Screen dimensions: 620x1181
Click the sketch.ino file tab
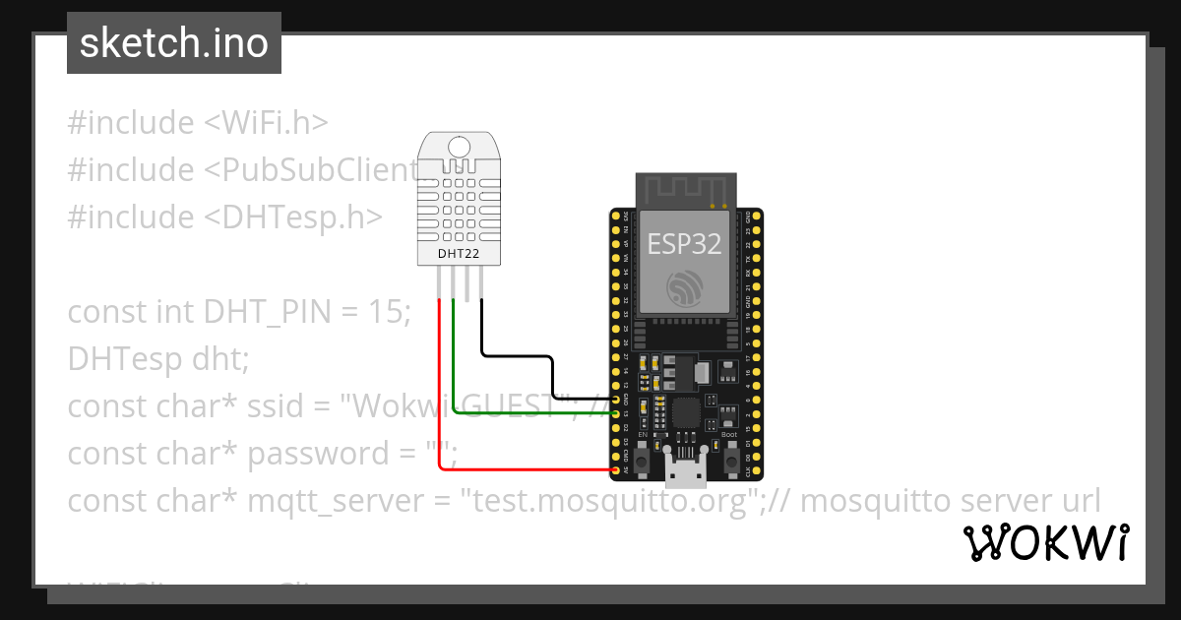[173, 43]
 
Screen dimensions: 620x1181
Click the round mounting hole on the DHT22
[460, 148]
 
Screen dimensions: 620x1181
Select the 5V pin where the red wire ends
[617, 470]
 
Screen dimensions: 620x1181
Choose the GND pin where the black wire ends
[617, 400]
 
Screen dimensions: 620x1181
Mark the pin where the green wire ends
[617, 413]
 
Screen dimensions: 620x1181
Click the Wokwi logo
[1045, 542]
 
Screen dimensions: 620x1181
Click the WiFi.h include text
[266, 123]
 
